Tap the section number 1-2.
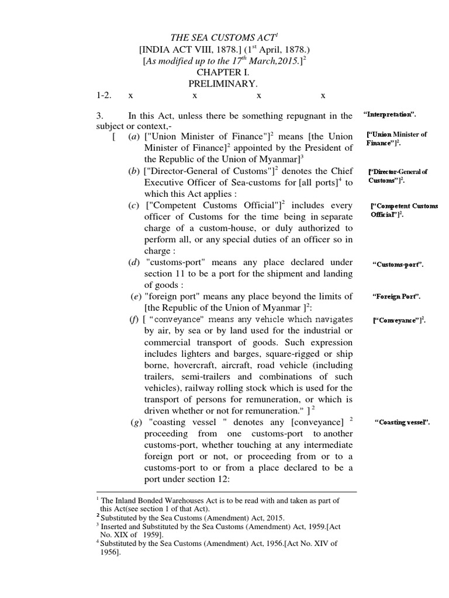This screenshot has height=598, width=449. click(103, 95)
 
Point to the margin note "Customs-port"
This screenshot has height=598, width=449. click(398, 265)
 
